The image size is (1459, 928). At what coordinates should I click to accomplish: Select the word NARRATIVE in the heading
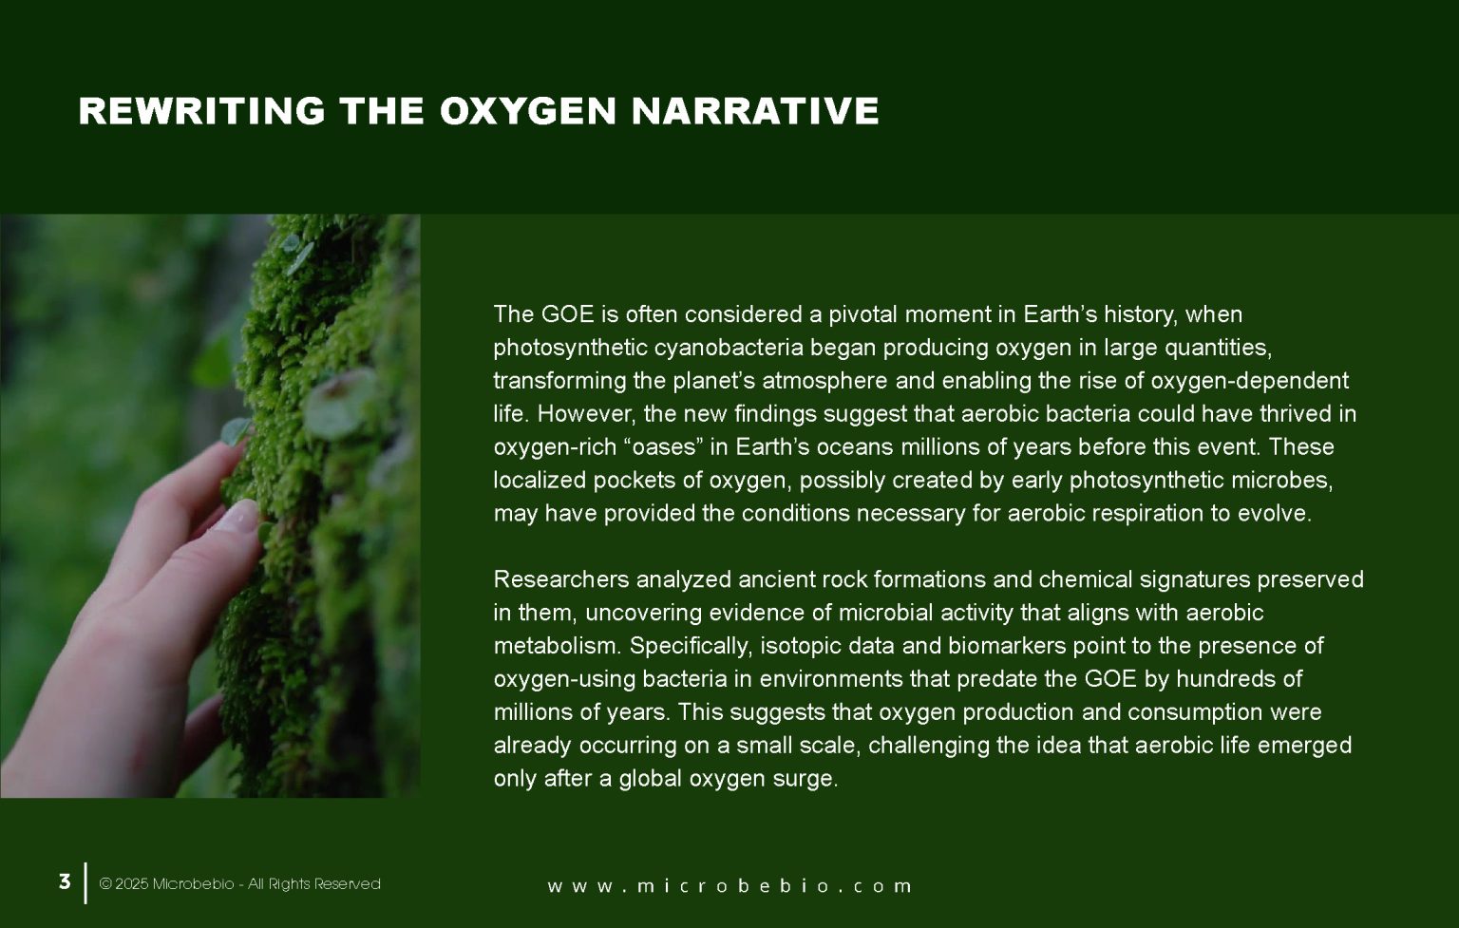click(x=755, y=111)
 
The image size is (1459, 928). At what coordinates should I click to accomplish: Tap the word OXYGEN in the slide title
click(x=528, y=111)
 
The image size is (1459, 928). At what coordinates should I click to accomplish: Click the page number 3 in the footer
click(x=65, y=881)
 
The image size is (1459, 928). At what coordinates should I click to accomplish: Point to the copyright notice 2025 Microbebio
click(x=239, y=884)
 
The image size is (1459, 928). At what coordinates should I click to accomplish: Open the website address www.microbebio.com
click(x=729, y=886)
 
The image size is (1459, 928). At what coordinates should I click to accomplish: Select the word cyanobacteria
click(x=729, y=348)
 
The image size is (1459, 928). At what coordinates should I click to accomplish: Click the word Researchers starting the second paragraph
click(x=560, y=579)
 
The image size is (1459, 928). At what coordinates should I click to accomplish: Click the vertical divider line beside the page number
click(x=86, y=882)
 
